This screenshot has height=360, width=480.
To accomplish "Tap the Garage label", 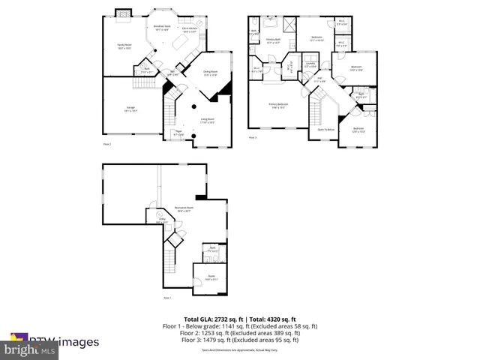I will (x=130, y=109).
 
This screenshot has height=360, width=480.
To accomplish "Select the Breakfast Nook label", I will (x=162, y=28).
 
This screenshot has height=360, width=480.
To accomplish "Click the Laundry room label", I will (x=310, y=64).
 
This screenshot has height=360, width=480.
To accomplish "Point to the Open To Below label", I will (x=325, y=129).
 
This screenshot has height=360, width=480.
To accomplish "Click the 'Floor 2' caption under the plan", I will (x=106, y=143).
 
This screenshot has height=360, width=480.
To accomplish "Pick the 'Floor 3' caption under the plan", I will (x=253, y=137).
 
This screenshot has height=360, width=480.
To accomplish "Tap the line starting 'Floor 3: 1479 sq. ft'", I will (x=240, y=340).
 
